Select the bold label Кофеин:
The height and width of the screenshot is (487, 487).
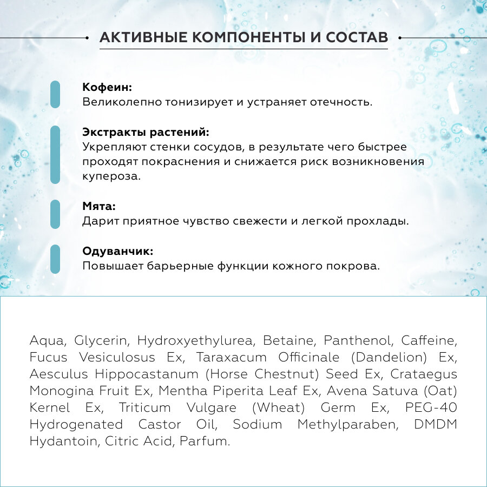click(107, 88)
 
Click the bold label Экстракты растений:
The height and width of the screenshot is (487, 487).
click(146, 133)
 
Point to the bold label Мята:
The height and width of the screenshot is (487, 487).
click(99, 207)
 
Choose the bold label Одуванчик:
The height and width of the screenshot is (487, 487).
click(118, 252)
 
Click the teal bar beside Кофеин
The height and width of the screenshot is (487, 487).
click(55, 95)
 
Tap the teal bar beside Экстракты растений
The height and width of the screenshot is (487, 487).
click(55, 155)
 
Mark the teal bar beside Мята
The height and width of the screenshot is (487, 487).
click(55, 214)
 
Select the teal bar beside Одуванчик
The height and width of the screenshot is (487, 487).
click(55, 259)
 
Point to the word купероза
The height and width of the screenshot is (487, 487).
click(111, 176)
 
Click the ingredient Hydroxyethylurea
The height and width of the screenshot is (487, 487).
click(195, 341)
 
